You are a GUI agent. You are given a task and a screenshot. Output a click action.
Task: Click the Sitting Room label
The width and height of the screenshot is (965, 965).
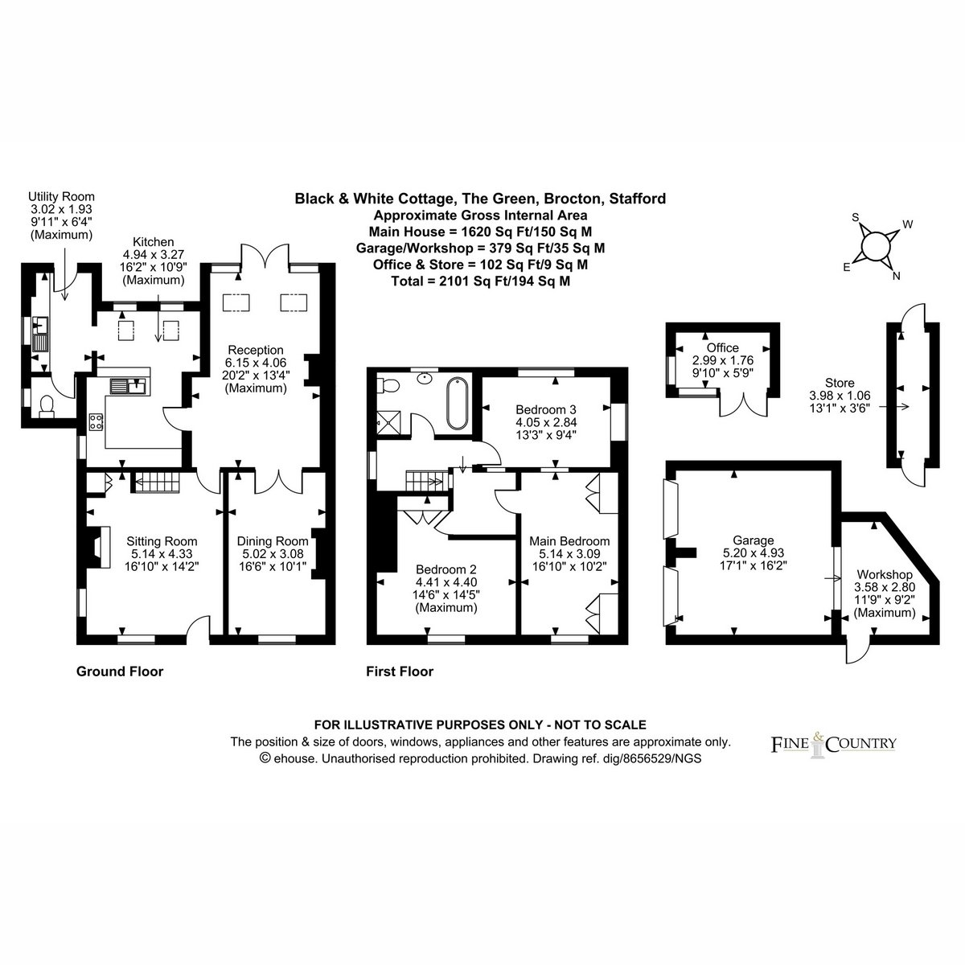(x=162, y=541)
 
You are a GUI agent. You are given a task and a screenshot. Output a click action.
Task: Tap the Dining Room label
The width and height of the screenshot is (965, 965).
(x=273, y=541)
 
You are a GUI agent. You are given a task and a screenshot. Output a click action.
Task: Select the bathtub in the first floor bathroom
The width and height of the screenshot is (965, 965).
(x=457, y=404)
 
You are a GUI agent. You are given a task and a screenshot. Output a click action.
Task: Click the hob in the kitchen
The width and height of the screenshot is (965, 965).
(x=96, y=421)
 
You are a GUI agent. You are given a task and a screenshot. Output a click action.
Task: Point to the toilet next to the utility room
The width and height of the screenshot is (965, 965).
(x=46, y=405)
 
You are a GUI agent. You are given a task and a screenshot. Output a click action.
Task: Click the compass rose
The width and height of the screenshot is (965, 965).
(x=876, y=246)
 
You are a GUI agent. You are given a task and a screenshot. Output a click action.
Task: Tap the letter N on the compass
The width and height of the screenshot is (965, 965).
(x=897, y=276)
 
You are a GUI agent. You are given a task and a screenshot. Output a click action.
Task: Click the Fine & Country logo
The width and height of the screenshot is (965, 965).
(x=833, y=745)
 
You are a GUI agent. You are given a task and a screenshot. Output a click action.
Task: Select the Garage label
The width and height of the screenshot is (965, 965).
(x=754, y=540)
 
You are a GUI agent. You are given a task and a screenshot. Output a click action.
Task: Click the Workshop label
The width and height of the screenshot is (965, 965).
(x=885, y=574)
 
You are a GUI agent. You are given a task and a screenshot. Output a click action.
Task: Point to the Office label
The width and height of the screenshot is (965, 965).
(x=723, y=347)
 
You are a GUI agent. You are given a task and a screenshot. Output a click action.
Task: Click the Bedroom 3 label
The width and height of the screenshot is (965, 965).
(x=546, y=409)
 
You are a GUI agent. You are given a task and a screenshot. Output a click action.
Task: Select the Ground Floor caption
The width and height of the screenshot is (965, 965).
(x=120, y=671)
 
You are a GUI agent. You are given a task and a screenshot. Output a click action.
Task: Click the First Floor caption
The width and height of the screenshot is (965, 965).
(x=400, y=671)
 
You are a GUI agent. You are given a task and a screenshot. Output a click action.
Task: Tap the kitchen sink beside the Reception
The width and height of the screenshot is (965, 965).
(x=129, y=387)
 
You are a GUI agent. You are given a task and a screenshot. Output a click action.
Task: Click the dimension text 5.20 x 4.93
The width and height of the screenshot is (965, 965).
(x=754, y=552)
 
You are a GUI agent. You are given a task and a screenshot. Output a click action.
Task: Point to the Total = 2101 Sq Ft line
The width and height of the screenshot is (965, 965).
(x=481, y=281)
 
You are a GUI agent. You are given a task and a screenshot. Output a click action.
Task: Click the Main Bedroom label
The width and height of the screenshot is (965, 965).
(x=569, y=541)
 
